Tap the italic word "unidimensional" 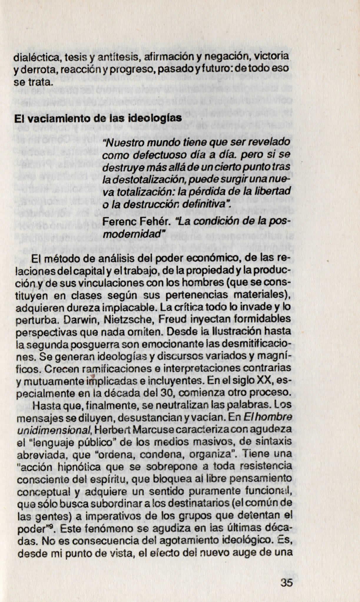point(54,430)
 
